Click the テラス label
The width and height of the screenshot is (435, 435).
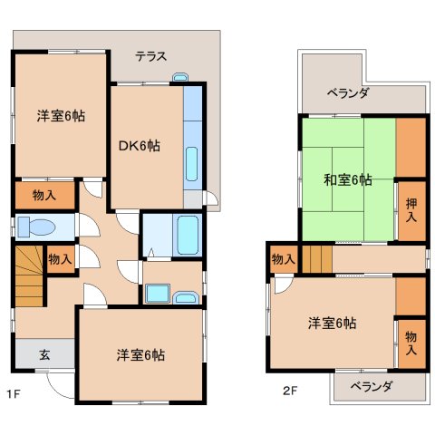coord(150,56)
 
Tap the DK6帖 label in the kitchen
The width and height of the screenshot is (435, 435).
coord(140,145)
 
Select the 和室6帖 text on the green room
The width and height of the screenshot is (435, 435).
coord(348,179)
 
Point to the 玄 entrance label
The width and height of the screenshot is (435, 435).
coord(43,354)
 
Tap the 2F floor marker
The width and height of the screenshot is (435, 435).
coord(289,393)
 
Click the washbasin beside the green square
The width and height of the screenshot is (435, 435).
coord(187,296)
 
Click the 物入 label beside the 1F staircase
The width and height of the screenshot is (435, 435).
coord(60,259)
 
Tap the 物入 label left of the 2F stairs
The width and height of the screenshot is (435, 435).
coord(284,259)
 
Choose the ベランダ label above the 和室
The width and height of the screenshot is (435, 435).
coord(348,92)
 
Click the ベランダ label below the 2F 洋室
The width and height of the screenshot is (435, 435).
coord(372,387)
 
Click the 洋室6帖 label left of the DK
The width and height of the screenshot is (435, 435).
coord(60,116)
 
